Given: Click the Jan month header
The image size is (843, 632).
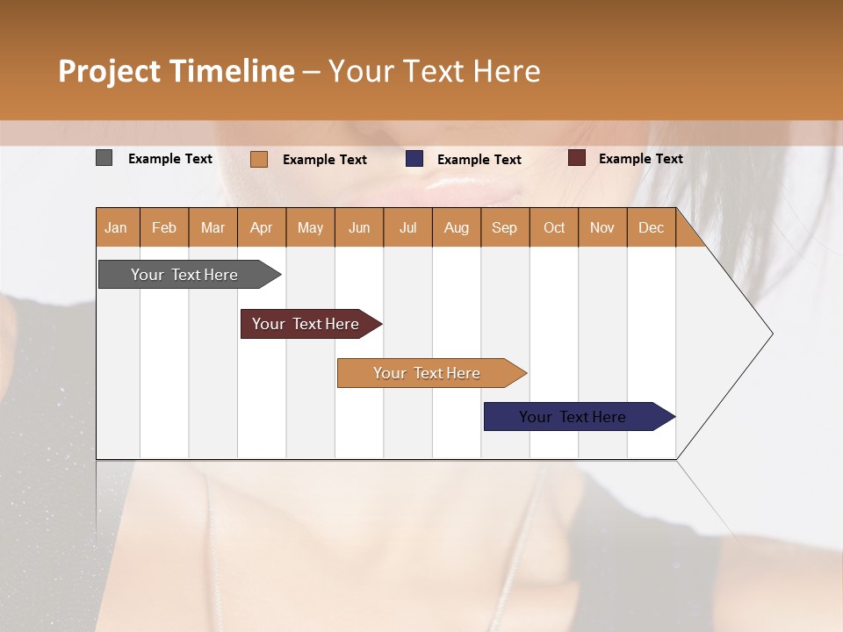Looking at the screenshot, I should [117, 227].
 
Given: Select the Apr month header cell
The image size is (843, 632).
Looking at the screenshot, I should [261, 227].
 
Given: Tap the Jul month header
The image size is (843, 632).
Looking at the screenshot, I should [407, 227].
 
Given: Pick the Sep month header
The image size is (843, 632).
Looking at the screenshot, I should [504, 227].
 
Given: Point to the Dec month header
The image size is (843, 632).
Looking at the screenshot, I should [651, 227].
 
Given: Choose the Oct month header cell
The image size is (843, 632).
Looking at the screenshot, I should [553, 227].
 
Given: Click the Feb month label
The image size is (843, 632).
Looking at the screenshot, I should [164, 227].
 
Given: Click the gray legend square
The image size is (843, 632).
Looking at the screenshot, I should [104, 158].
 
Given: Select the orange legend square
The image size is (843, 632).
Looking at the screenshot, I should [259, 159].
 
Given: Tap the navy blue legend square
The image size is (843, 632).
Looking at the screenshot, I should [414, 159].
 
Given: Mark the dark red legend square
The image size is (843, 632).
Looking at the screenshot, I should [577, 158].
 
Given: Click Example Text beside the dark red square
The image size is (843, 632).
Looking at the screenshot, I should [640, 158].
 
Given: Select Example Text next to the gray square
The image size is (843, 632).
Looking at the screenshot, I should [170, 158].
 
